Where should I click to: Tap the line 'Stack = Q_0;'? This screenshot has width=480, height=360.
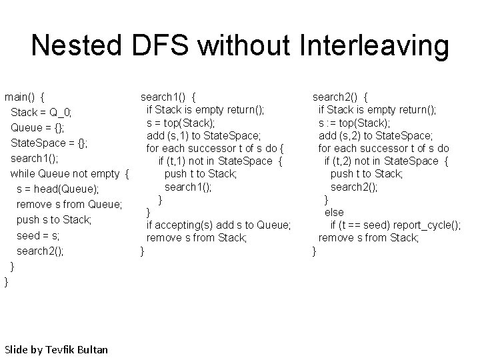[x=42, y=111]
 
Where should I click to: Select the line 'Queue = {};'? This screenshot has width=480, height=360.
[x=37, y=127]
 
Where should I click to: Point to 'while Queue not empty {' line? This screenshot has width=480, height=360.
[x=69, y=173]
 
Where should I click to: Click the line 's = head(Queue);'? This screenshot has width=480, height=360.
[x=58, y=189]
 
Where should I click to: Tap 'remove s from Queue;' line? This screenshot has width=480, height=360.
[x=69, y=204]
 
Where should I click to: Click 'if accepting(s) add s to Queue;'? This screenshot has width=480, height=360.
[x=218, y=225]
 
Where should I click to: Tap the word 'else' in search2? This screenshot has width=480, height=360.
[x=333, y=212]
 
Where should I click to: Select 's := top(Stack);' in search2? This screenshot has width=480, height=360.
[x=354, y=123]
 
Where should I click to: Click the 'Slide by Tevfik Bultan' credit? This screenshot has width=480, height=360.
[x=56, y=349]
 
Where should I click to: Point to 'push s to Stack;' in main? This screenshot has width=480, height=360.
[x=54, y=219]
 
